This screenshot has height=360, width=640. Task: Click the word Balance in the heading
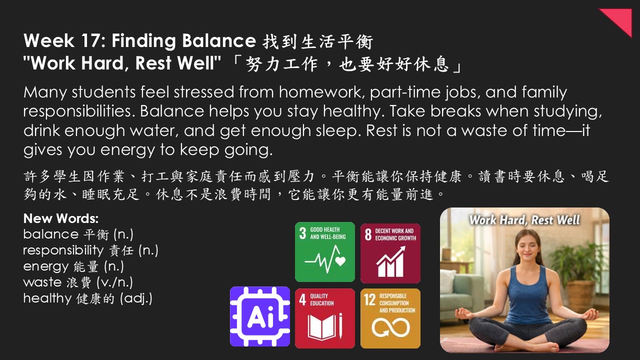(219, 40)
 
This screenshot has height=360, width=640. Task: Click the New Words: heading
(61, 218)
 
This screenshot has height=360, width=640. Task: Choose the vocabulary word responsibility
(63, 250)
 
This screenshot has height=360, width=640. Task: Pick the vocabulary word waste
(42, 282)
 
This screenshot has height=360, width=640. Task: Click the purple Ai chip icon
(260, 316)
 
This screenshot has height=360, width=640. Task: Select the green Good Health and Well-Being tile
(325, 252)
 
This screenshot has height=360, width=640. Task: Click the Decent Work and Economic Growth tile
(390, 253)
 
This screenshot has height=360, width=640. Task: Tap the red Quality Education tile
(325, 318)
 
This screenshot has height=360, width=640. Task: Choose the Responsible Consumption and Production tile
(390, 318)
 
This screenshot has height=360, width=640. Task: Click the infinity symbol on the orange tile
(390, 327)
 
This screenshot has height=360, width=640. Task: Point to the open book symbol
(322, 326)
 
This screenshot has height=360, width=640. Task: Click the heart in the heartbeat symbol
(340, 261)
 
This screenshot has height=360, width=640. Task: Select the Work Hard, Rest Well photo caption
(524, 220)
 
